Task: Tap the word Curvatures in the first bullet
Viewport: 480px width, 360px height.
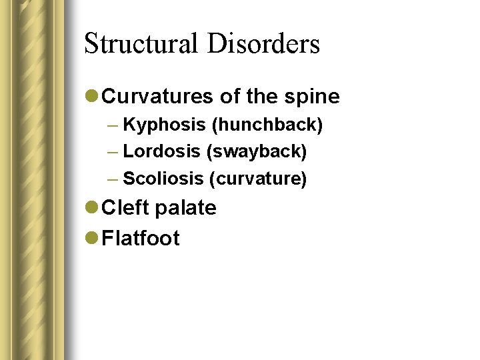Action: pyautogui.click(x=159, y=97)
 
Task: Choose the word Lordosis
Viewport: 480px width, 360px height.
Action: pyautogui.click(x=162, y=152)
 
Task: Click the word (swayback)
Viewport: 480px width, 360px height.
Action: pyautogui.click(x=257, y=152)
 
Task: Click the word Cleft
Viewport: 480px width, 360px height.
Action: pyautogui.click(x=125, y=208)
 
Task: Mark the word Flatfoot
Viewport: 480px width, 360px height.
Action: pyautogui.click(x=141, y=238)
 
